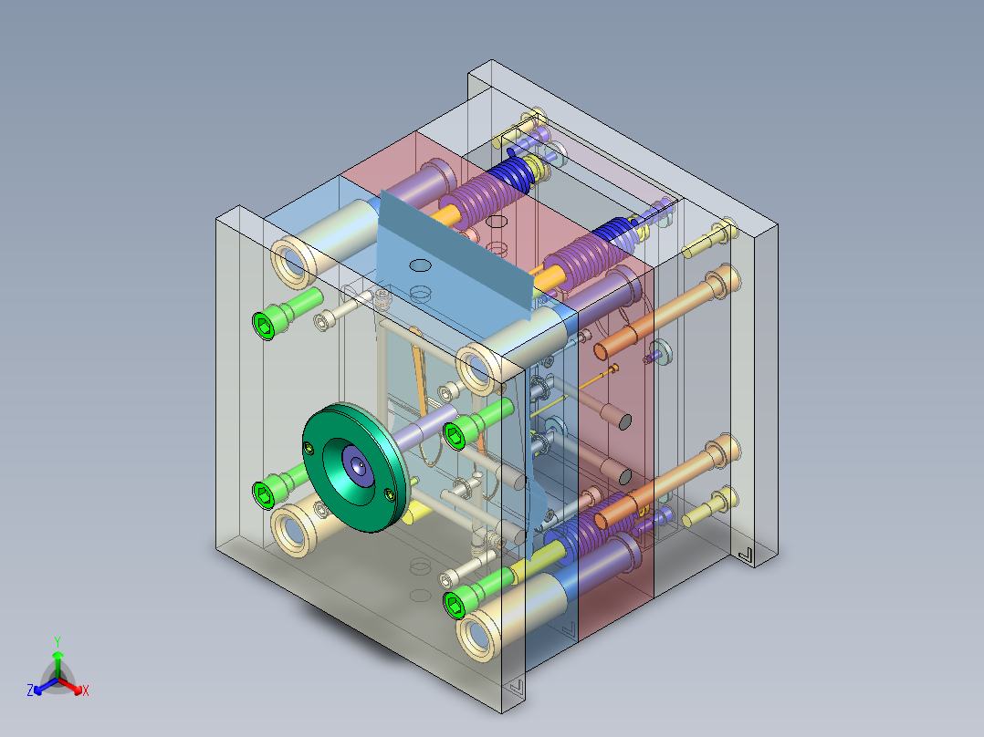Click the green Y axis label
[58, 641]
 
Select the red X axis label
[86, 690]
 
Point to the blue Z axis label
[29, 690]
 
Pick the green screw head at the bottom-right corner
[455, 604]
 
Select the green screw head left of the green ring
[265, 495]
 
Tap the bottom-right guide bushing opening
[478, 638]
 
